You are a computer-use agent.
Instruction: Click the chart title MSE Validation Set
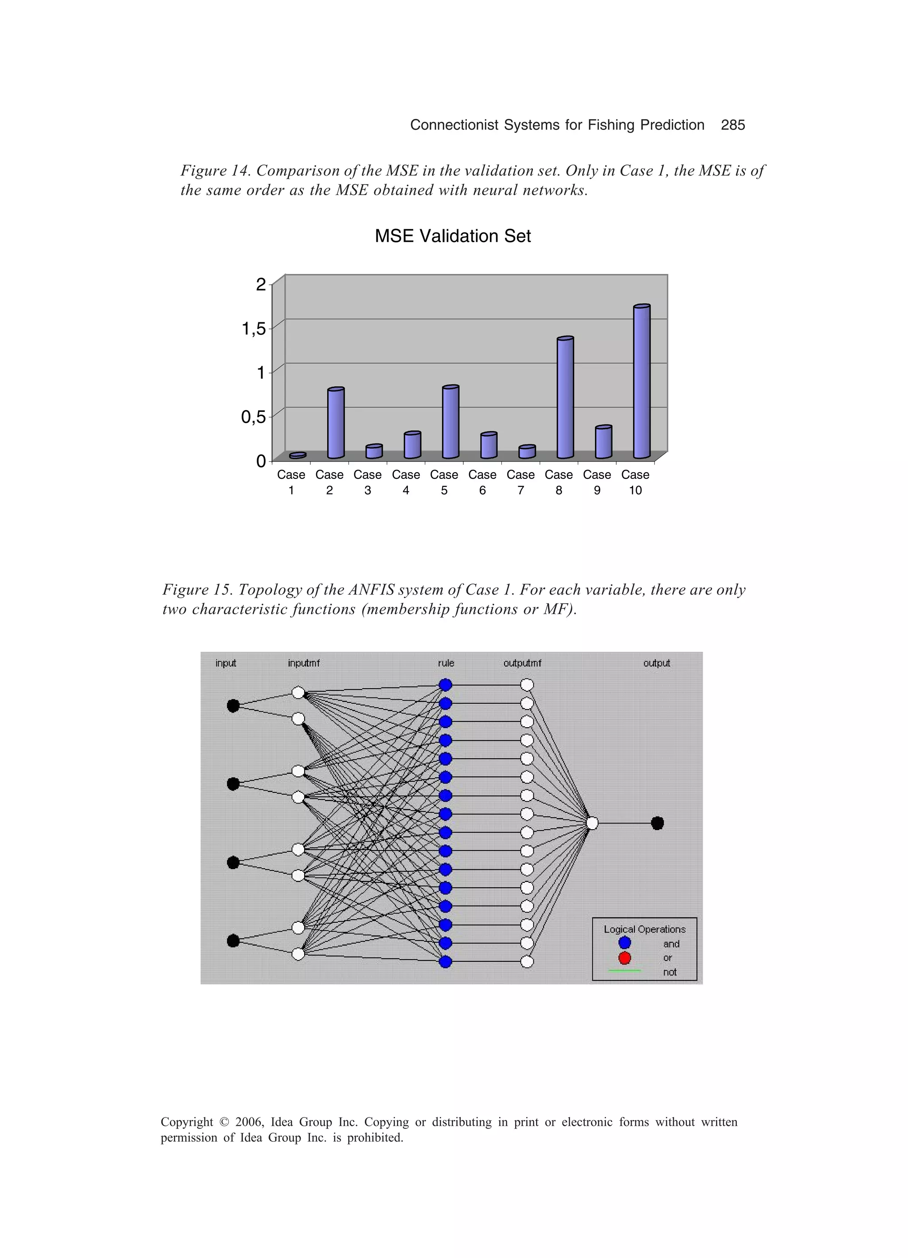453,236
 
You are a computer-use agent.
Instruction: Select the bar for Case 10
642,383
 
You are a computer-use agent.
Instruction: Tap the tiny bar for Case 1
297,455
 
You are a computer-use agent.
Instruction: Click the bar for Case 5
450,423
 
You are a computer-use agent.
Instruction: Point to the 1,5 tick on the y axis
254,329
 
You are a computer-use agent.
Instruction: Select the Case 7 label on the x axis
521,482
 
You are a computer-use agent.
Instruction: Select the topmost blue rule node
446,685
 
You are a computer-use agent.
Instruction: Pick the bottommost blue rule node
446,962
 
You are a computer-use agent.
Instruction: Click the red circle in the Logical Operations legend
625,958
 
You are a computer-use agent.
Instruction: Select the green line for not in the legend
625,971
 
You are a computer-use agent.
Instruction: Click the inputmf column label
303,663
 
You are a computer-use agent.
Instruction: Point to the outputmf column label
522,663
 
